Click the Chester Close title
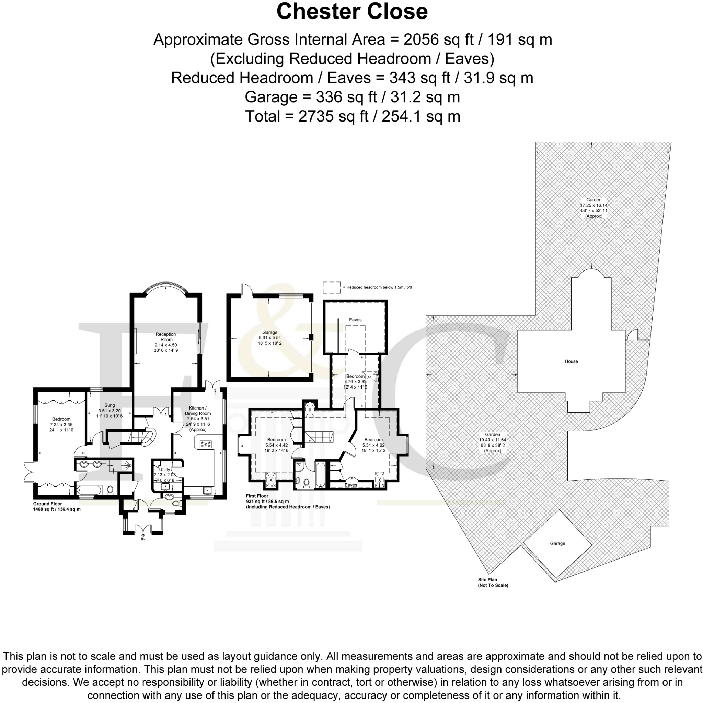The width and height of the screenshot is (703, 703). click(351, 12)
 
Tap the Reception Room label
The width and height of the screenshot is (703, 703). click(166, 337)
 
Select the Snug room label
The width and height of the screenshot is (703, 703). click(109, 405)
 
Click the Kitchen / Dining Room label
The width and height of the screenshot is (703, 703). click(198, 411)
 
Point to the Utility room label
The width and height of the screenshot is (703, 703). click(164, 469)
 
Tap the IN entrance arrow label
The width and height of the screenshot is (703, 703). click(143, 539)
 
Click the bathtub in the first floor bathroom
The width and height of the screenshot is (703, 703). click(320, 475)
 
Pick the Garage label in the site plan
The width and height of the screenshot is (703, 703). click(557, 543)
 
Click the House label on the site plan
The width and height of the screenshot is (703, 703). click(571, 361)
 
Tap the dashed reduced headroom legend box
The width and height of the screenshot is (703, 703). click(331, 287)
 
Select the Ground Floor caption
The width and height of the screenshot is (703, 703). click(48, 504)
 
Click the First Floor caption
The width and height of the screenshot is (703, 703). click(257, 496)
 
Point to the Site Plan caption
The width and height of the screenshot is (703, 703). click(487, 580)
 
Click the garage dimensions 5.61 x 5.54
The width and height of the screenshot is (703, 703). click(269, 338)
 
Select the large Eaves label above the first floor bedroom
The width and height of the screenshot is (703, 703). click(355, 320)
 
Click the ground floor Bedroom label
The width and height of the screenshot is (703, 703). click(61, 419)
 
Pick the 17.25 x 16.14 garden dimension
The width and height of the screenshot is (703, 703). click(593, 205)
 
